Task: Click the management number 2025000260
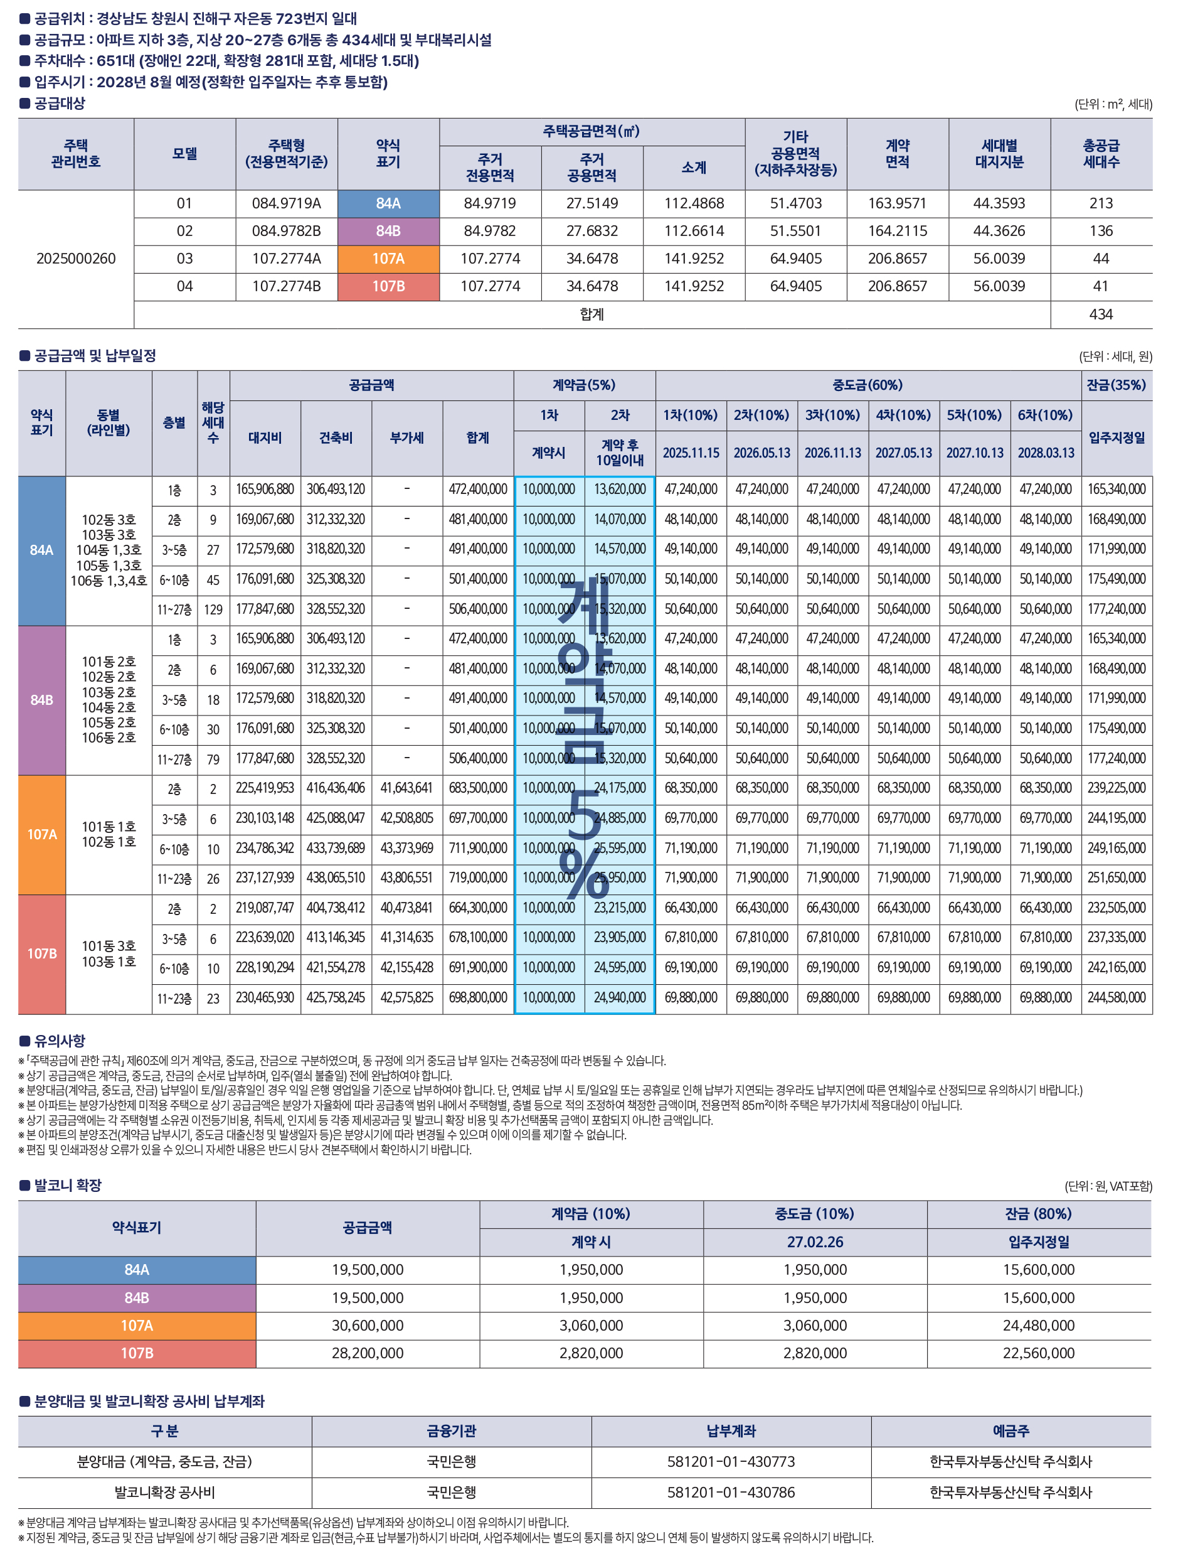(76, 259)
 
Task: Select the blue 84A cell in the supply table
(388, 204)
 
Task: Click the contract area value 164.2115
(898, 232)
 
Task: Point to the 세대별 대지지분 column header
(999, 154)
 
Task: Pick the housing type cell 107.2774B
(287, 286)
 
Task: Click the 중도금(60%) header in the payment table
(867, 385)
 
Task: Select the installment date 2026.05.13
(762, 453)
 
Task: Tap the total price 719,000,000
(477, 879)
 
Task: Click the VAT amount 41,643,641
(406, 788)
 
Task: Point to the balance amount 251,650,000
(1116, 879)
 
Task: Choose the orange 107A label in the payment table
(41, 835)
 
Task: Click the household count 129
(213, 609)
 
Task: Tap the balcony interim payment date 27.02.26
(815, 1242)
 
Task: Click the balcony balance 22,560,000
(1038, 1353)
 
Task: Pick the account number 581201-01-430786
(731, 1493)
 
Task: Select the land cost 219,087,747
(265, 908)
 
